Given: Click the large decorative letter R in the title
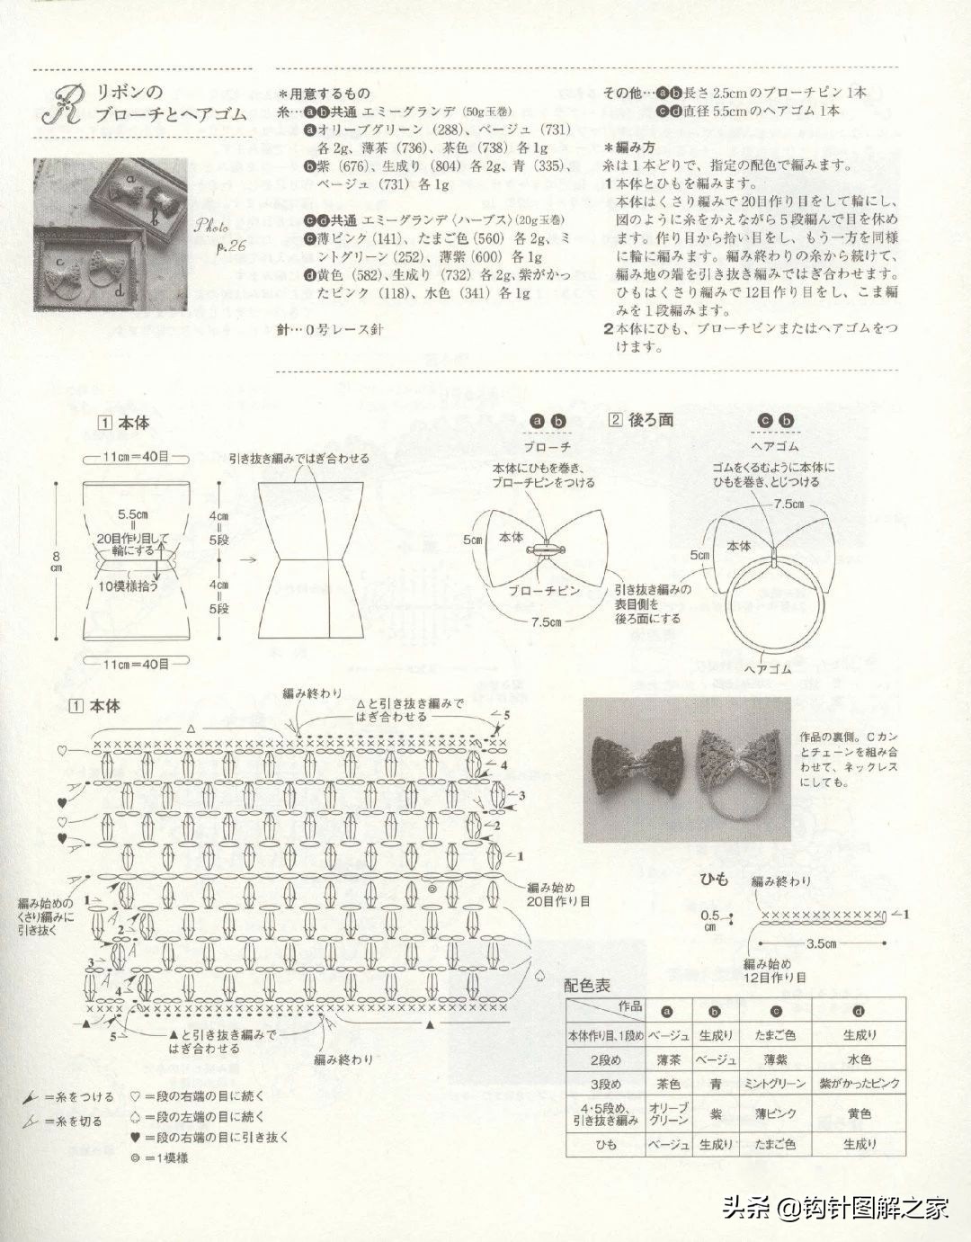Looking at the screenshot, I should click(63, 105).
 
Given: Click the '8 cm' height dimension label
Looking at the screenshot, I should click(56, 561).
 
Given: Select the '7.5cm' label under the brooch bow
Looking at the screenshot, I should click(545, 622).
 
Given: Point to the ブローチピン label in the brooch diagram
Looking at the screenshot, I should click(544, 591).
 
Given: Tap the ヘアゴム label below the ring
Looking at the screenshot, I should click(769, 670).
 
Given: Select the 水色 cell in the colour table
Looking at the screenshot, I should click(859, 1059).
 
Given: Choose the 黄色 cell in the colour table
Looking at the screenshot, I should click(859, 1114).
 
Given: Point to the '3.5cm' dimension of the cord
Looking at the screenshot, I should click(820, 943).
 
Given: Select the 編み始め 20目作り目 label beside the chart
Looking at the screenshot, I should click(558, 893).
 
